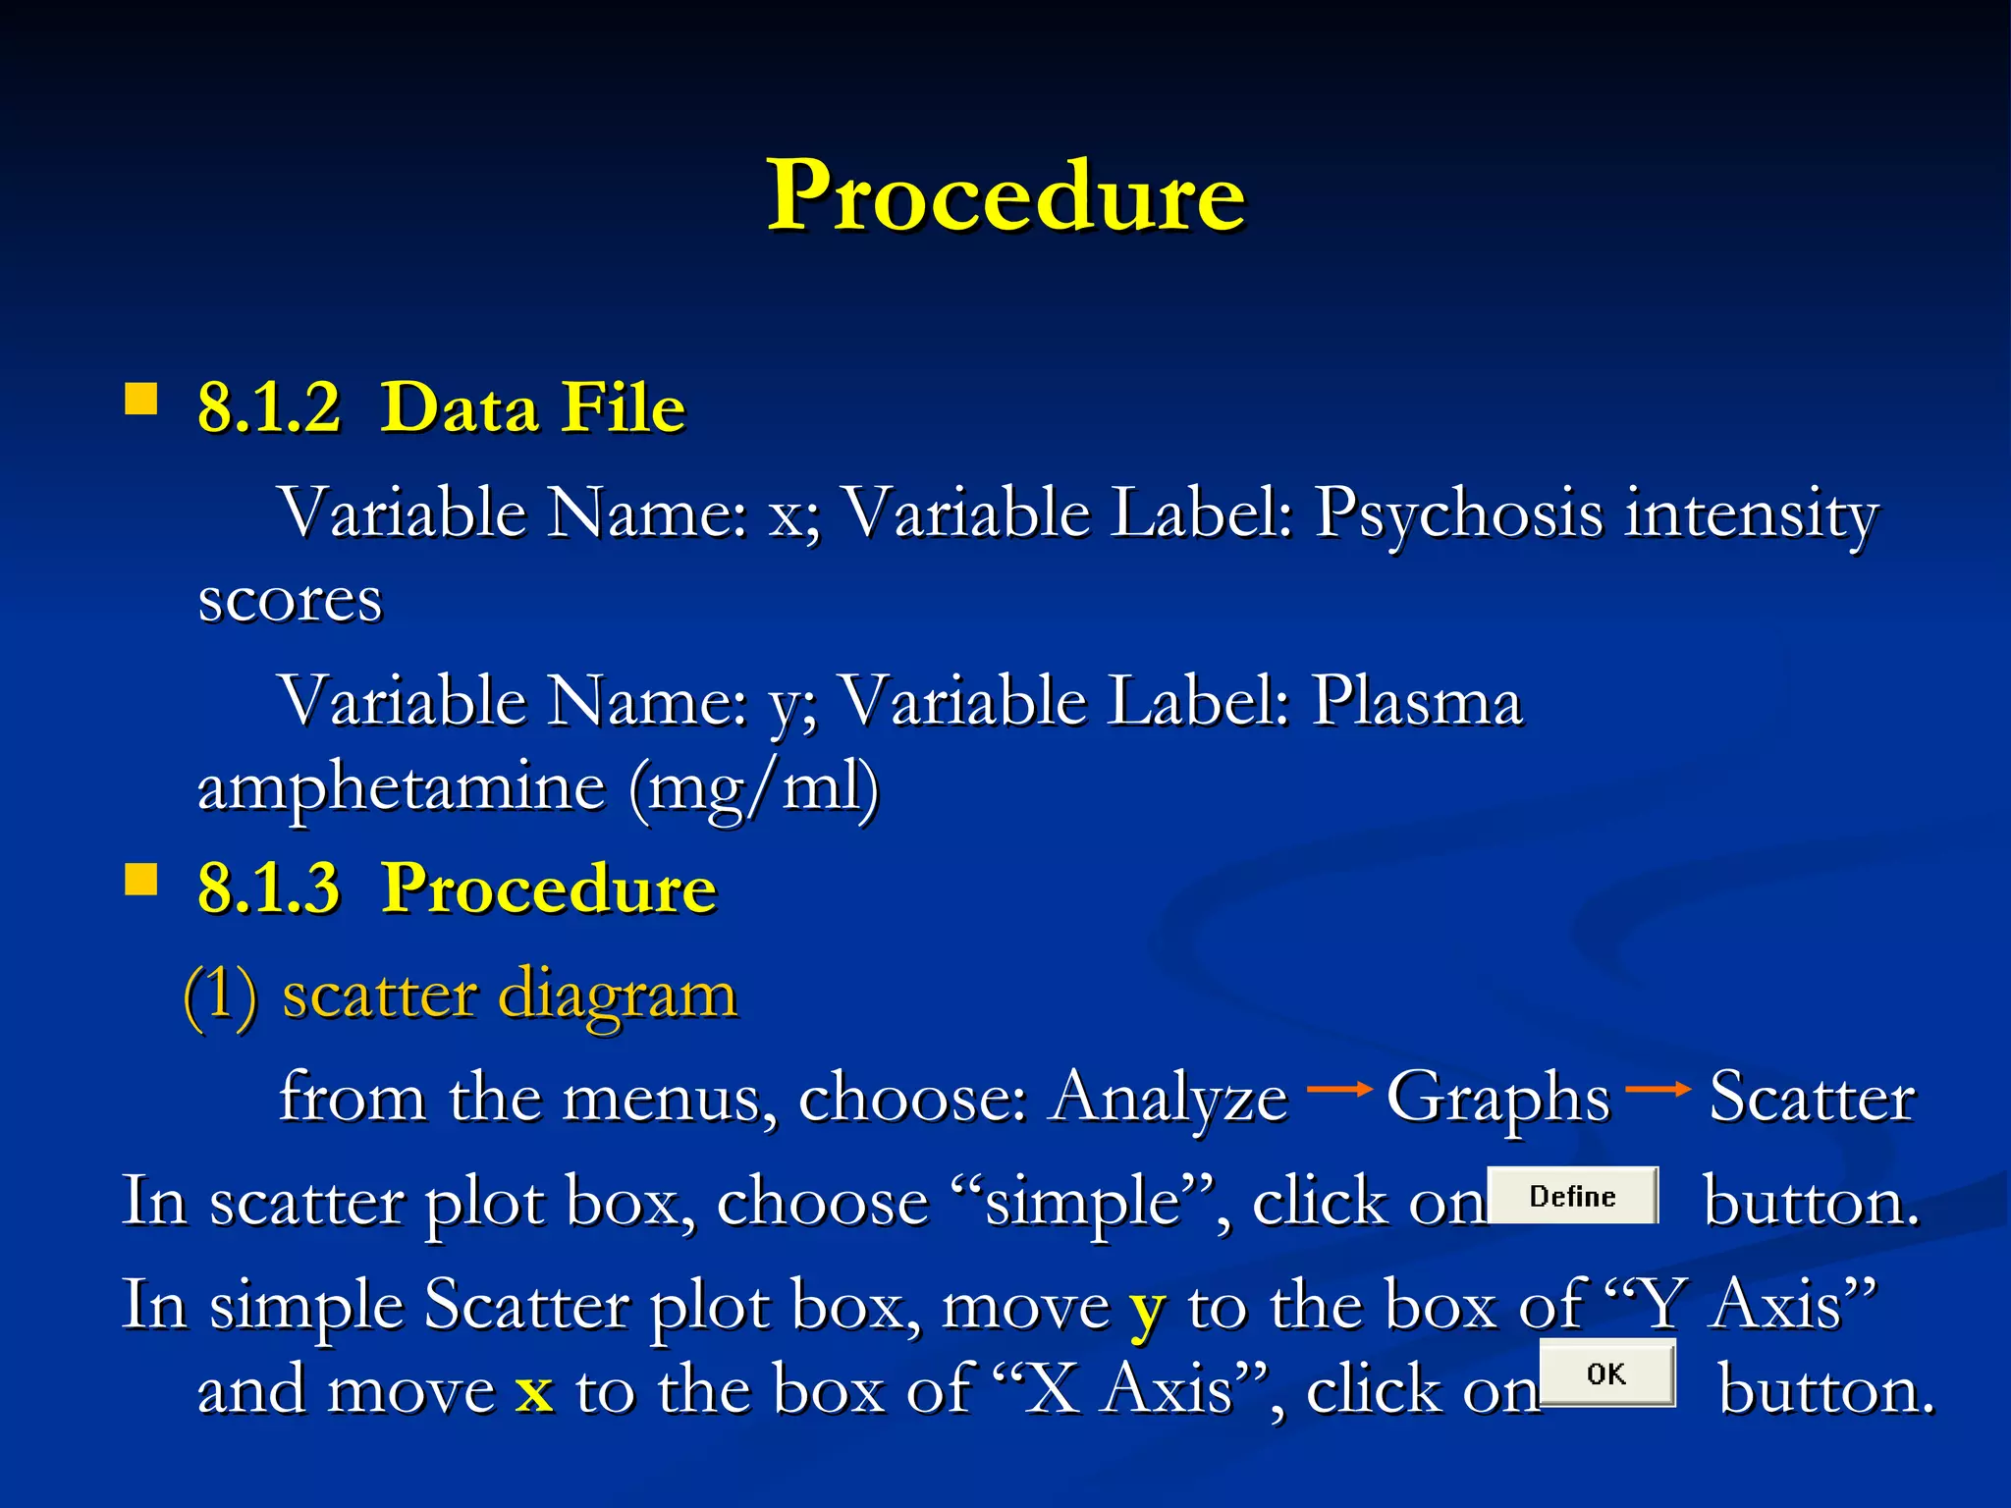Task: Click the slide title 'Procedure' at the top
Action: [1005, 196]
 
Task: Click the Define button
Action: [1572, 1196]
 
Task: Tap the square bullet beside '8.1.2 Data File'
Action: [141, 401]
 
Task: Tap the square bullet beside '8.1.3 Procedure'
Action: [141, 880]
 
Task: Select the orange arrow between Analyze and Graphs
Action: [1338, 1089]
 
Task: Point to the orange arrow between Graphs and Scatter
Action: [1658, 1089]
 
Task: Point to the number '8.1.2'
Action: [269, 407]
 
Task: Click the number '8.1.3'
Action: [269, 889]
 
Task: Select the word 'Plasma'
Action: [1417, 703]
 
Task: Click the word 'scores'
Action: [290, 600]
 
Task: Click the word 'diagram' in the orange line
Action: [618, 997]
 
